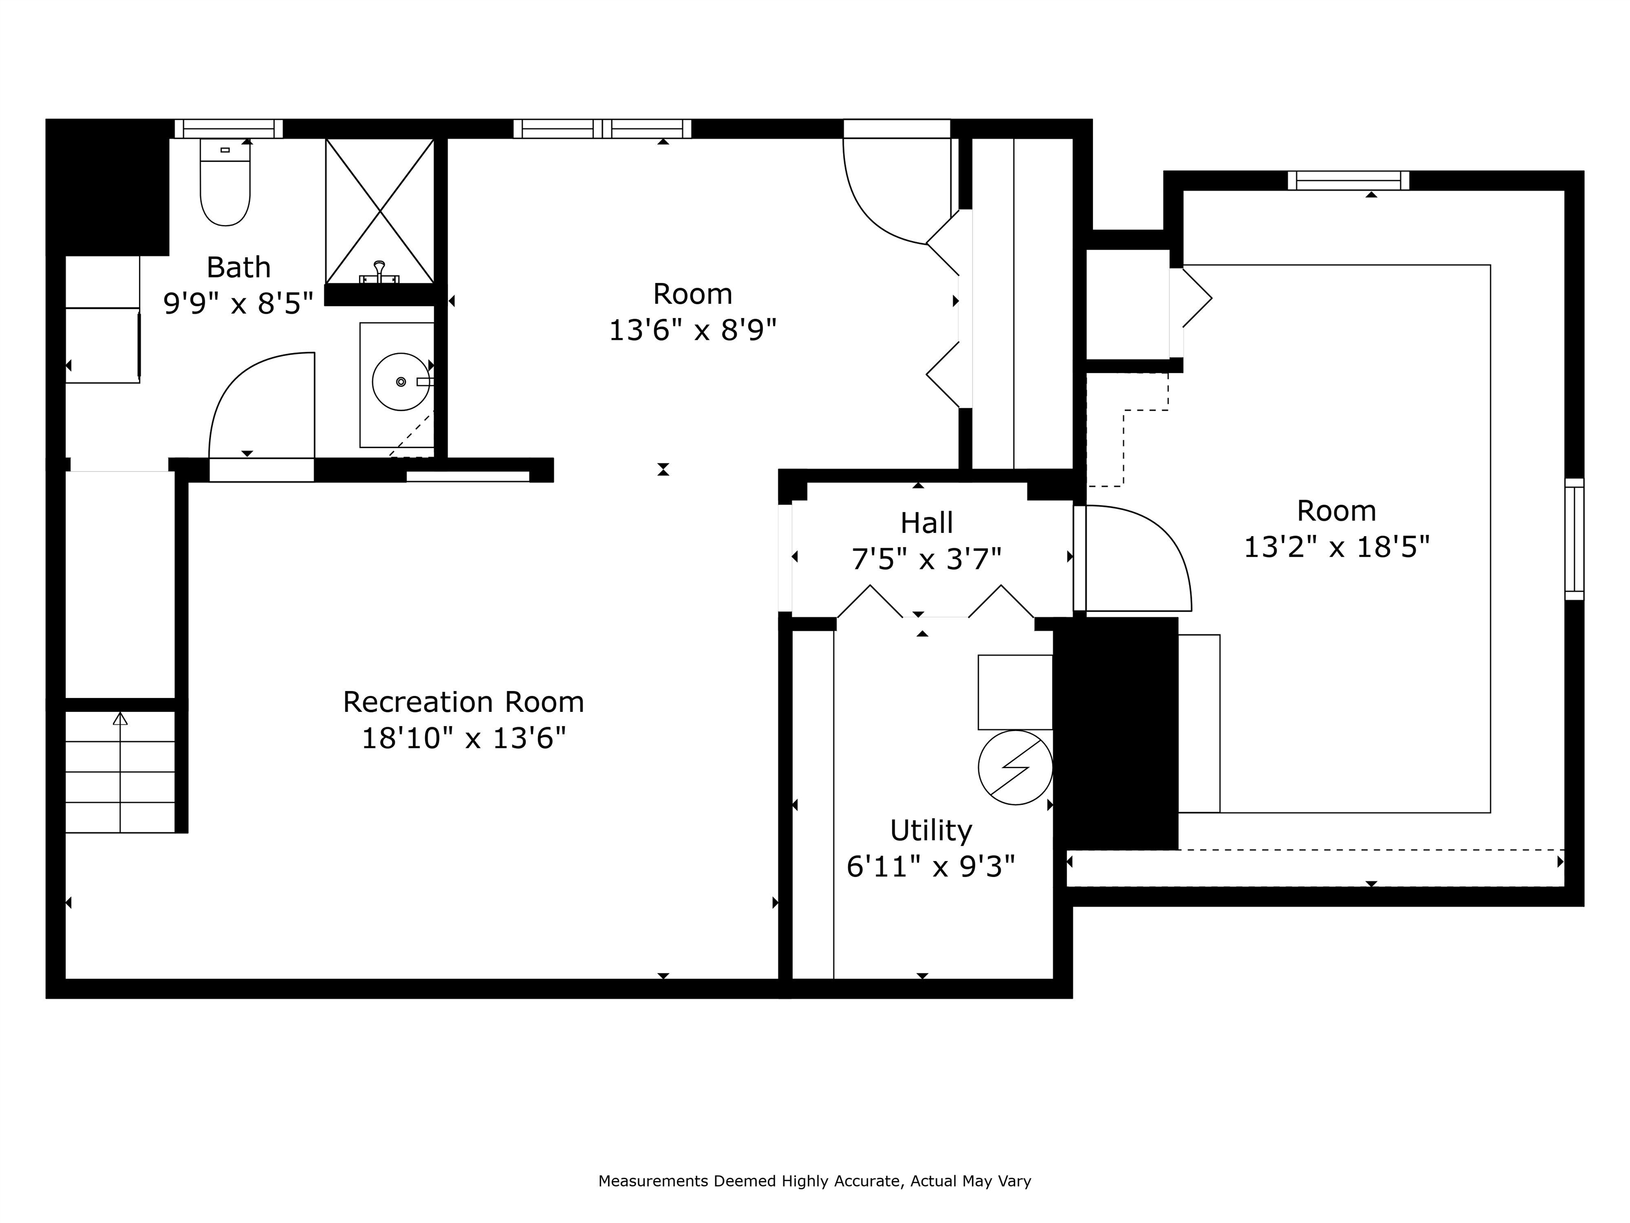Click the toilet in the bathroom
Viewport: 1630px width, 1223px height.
[225, 184]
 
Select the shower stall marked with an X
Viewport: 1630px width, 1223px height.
[379, 211]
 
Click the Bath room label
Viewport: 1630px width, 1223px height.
[238, 268]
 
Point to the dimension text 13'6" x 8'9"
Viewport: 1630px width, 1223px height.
[692, 330]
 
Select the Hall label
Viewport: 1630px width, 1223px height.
[926, 523]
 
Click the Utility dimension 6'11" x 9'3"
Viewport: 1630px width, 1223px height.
[930, 866]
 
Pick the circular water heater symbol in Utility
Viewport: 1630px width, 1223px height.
[1015, 768]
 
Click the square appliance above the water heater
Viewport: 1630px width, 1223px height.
[1015, 692]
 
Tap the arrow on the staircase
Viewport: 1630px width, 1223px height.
[120, 719]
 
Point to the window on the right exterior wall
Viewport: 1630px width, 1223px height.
[1573, 538]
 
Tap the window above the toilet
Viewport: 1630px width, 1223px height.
[229, 129]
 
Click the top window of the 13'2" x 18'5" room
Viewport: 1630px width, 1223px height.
[1348, 180]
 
